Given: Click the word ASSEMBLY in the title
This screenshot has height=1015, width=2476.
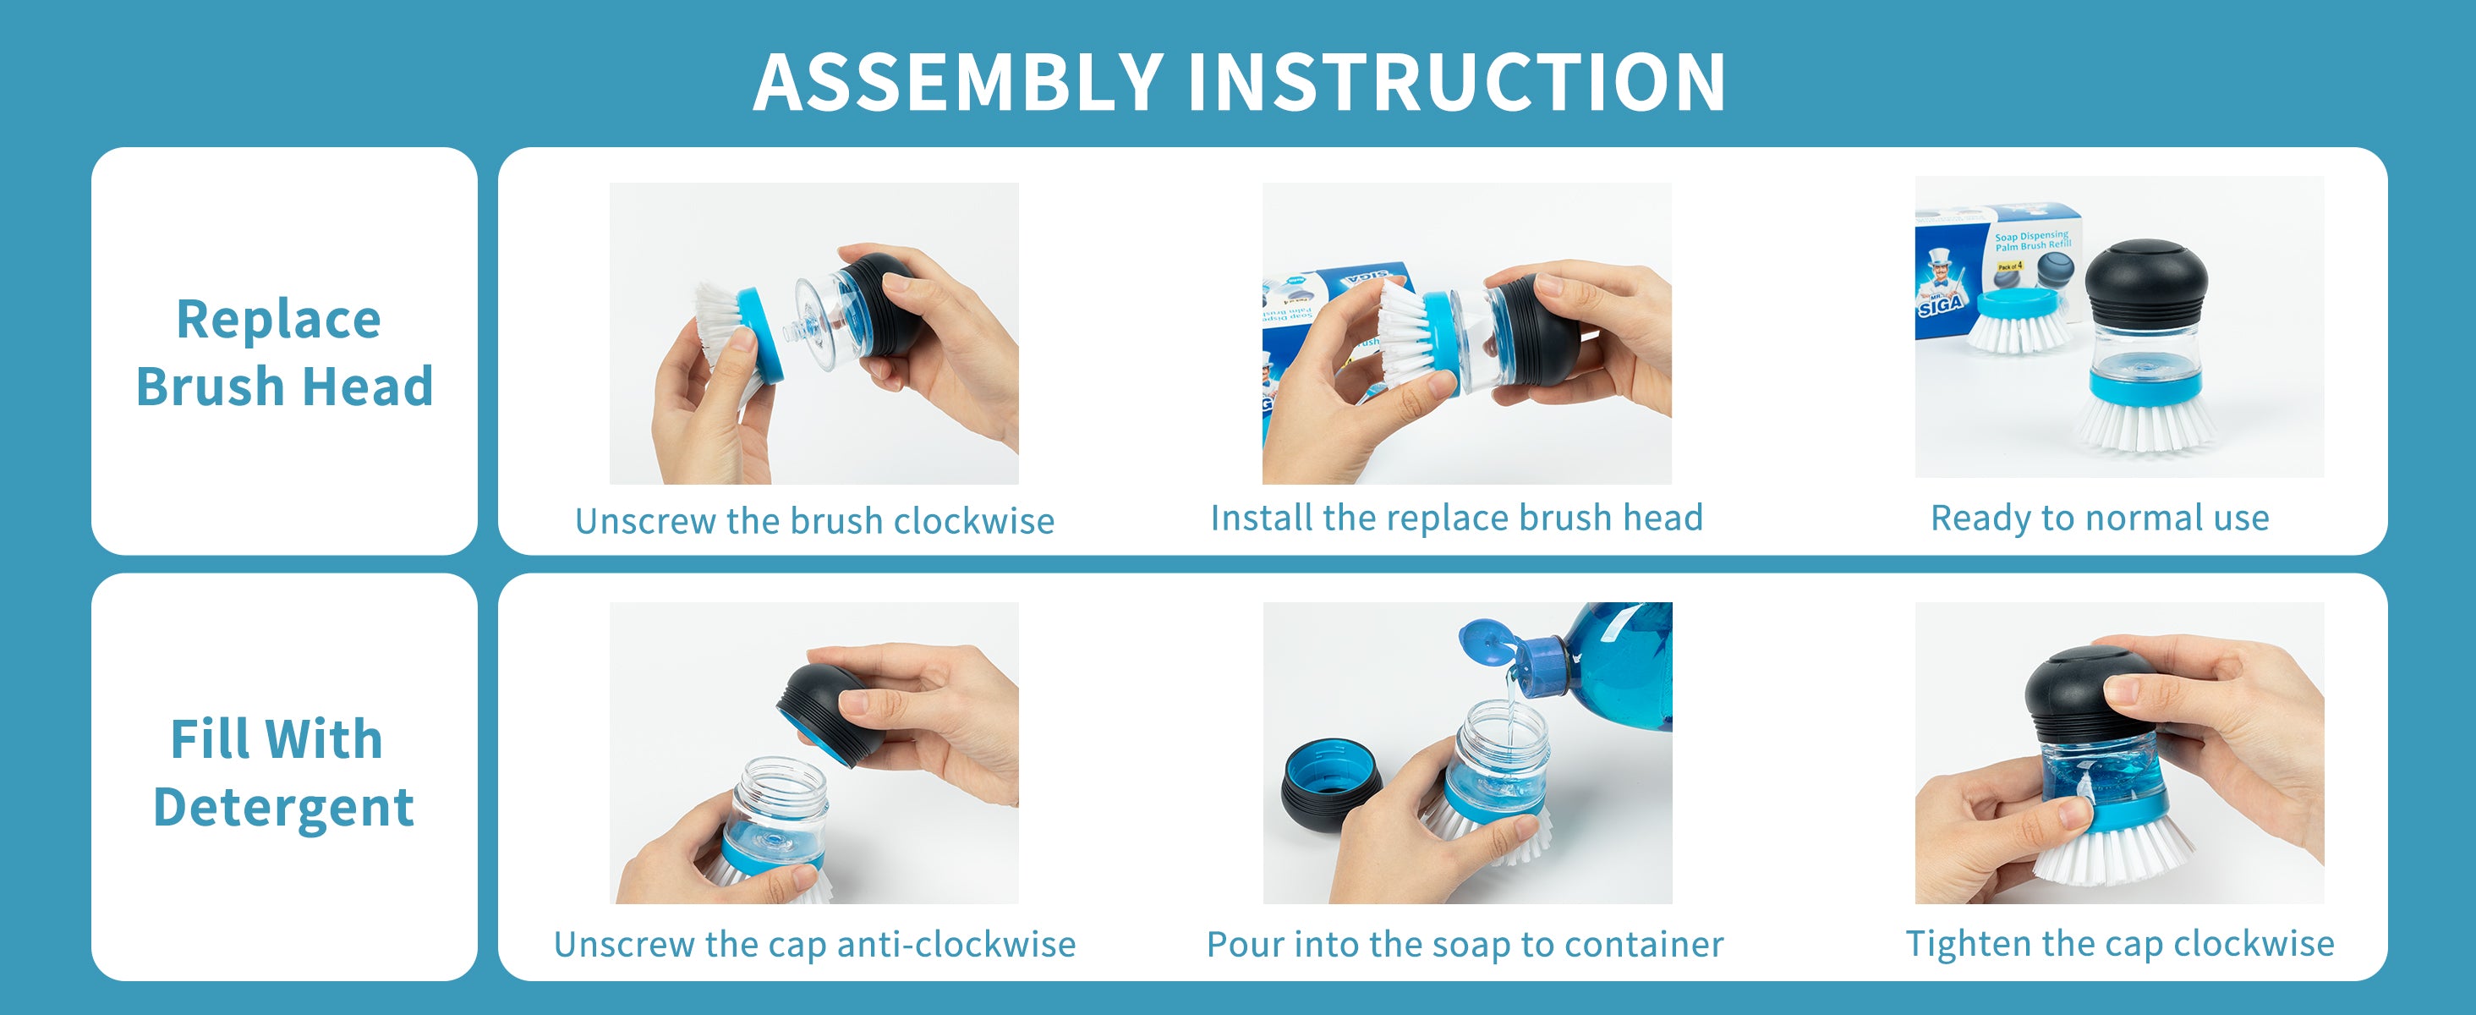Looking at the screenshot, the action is pyautogui.click(x=958, y=82).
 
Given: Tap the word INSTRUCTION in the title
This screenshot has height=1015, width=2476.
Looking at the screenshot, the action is pyautogui.click(x=1457, y=82).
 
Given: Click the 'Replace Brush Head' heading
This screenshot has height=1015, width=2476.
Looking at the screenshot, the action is pyautogui.click(x=284, y=352).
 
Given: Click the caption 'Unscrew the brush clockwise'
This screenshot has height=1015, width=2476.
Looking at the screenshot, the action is pyautogui.click(x=815, y=521).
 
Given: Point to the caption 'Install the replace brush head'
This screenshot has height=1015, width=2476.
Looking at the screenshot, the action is pyautogui.click(x=1457, y=518).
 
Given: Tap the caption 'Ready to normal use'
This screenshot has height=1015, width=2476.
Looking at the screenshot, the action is pyautogui.click(x=2101, y=518).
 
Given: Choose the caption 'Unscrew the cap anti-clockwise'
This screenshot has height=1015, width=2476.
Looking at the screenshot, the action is pyautogui.click(x=815, y=944).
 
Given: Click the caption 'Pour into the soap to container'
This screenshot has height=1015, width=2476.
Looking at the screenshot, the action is pyautogui.click(x=1465, y=944).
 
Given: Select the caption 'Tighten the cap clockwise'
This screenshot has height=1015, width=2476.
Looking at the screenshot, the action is pyautogui.click(x=2120, y=943).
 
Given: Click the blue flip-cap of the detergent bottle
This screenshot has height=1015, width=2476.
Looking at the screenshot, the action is pyautogui.click(x=1488, y=643).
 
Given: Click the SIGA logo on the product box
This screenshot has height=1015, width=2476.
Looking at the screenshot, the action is pyautogui.click(x=1941, y=305).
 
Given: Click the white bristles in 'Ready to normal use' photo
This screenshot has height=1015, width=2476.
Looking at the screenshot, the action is pyautogui.click(x=2147, y=424).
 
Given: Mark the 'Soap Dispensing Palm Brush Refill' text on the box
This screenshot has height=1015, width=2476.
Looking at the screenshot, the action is pyautogui.click(x=2032, y=240).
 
